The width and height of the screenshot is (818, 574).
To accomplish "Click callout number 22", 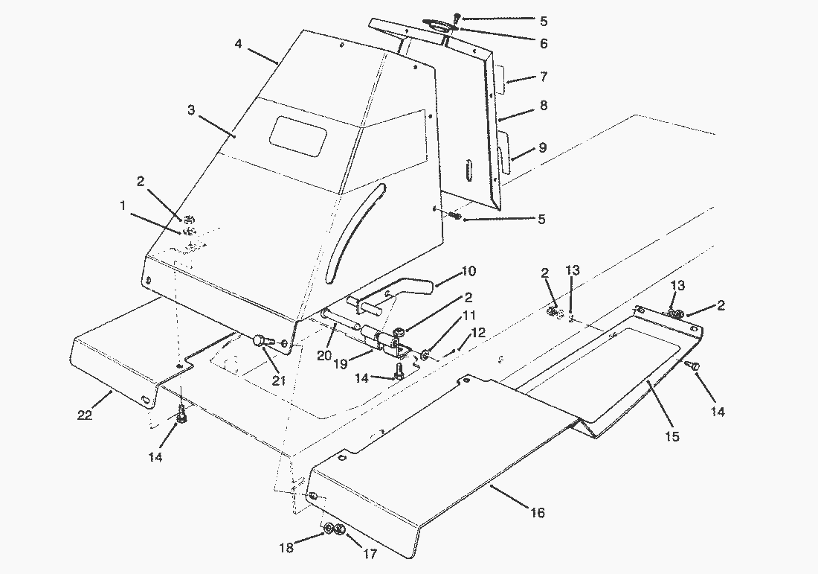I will pos(85,414).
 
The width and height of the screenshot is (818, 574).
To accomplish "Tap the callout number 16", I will pos(538,512).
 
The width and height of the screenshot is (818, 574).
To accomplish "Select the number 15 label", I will pos(672,437).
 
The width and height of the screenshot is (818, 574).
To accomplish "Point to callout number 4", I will pos(238,44).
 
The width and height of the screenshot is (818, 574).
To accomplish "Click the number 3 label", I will pos(191,110).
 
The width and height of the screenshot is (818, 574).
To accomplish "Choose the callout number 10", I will pos(489,271).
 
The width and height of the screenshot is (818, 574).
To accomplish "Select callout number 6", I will pos(544,44).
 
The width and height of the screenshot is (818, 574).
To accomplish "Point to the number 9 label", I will pos(542,148).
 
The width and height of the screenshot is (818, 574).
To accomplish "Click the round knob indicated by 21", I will pos(260,341).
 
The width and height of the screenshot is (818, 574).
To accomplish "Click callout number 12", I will pos(477,332).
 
